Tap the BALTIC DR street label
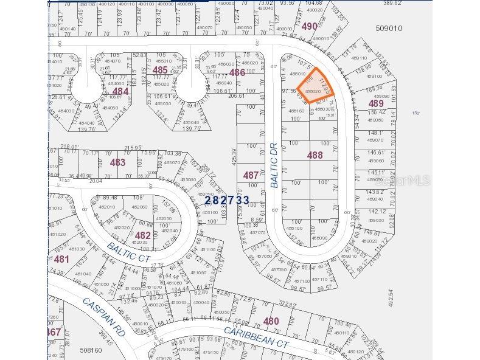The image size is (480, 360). tap(274, 164)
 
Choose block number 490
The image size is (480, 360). tap(309, 26)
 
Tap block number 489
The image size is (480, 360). tap(376, 104)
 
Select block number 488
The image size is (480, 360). tap(315, 156)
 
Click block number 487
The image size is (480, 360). tap(251, 175)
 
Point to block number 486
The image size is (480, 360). tap(237, 72)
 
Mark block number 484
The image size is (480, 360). tap(120, 91)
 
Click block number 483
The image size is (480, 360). tap(117, 162)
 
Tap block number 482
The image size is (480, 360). tap(142, 235)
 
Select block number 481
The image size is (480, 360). tap(61, 258)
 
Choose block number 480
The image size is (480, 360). tap(271, 321)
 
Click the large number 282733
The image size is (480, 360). tap(226, 199)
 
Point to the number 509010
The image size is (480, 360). tap(389, 28)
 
